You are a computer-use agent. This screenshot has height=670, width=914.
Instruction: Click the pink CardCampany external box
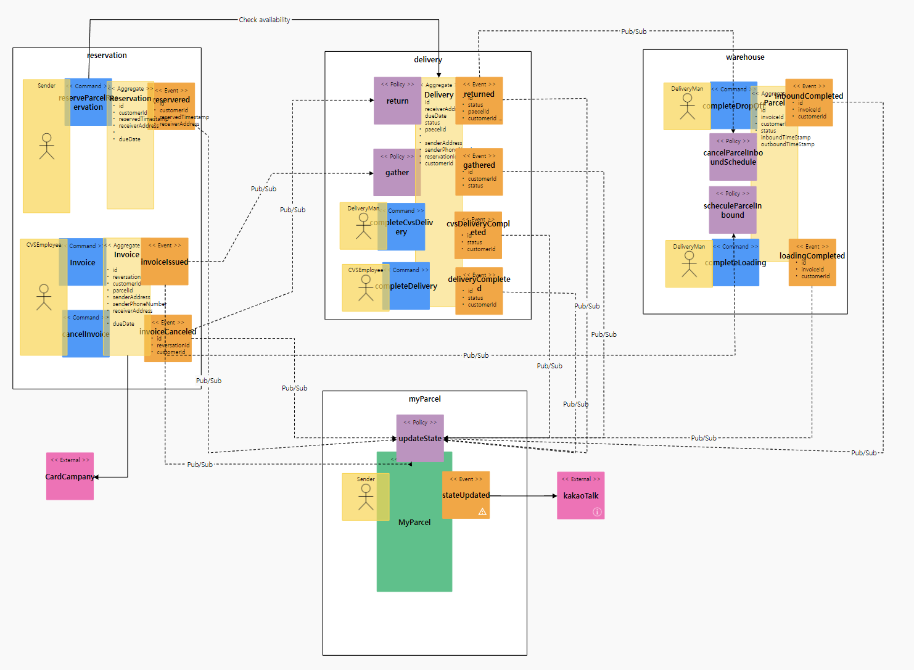[70, 476]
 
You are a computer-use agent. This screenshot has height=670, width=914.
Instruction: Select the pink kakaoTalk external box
[580, 495]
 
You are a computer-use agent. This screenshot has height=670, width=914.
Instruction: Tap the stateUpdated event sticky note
[466, 495]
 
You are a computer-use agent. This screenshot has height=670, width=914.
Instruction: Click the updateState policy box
[419, 438]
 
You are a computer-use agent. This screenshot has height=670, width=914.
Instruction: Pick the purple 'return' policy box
[397, 101]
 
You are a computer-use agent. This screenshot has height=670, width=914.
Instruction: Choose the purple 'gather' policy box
[397, 172]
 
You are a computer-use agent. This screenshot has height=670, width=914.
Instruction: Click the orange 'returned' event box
[479, 101]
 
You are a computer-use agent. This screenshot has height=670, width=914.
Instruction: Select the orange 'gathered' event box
[479, 172]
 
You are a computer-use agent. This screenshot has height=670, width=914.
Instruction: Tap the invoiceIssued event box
[165, 262]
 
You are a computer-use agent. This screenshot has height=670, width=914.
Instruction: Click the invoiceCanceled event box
[168, 338]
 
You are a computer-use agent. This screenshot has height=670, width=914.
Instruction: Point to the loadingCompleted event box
[812, 262]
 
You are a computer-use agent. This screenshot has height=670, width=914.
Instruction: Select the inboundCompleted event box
[809, 102]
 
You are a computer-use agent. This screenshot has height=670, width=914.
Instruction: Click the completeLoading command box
[736, 263]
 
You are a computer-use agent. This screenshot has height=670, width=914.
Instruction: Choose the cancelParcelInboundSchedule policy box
[733, 157]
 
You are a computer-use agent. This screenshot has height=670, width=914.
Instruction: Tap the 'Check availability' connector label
[265, 20]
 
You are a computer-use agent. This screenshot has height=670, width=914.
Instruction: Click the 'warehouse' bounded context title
[745, 57]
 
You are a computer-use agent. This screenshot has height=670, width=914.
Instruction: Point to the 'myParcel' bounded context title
[424, 399]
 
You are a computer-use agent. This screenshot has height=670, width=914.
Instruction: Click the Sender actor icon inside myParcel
[366, 497]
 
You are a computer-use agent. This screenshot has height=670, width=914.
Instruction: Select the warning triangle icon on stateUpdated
[482, 511]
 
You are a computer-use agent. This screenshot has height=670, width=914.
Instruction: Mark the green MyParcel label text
[414, 522]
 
